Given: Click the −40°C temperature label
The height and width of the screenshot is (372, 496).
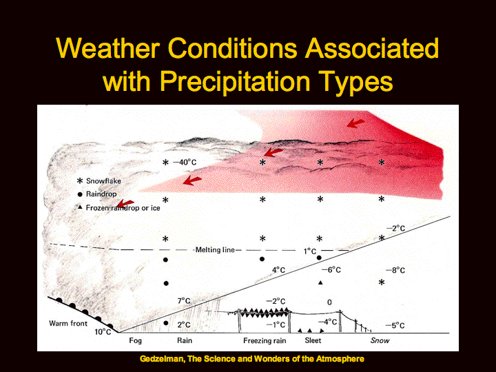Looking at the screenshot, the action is tap(185, 163).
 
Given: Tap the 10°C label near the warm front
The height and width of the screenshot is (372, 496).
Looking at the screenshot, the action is tap(103, 332).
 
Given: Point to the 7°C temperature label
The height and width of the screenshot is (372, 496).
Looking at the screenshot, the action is tap(184, 300).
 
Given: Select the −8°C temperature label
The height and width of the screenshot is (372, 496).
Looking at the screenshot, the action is tap(395, 271).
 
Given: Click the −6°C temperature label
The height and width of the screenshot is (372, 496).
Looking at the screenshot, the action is tap(331, 270).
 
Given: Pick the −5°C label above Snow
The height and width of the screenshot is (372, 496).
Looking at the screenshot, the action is tap(395, 325).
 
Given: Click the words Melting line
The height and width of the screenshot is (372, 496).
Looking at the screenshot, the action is tap(215, 250).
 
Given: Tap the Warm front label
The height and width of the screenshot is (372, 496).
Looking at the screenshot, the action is tap(68, 323).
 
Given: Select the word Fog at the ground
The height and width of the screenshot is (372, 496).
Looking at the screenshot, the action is tap(136, 341).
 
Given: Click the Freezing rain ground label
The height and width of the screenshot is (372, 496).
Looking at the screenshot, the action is tap(265, 341).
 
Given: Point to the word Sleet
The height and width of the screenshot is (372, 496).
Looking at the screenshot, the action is tap(313, 340).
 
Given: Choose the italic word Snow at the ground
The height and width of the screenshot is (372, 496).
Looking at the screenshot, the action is tap(380, 340).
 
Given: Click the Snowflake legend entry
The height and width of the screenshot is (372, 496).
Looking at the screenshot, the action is tap(99, 181).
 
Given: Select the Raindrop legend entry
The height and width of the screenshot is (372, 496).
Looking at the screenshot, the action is tap(97, 194).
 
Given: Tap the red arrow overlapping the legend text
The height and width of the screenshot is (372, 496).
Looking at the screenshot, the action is tap(125, 204).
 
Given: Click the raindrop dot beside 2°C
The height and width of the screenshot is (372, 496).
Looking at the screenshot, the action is tap(166, 323).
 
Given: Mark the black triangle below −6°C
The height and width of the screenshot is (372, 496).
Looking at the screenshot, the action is tap(320, 282).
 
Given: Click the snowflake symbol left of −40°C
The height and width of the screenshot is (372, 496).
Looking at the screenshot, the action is tap(165, 163).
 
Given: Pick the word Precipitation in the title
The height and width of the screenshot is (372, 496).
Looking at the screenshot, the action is tap(234, 81).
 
